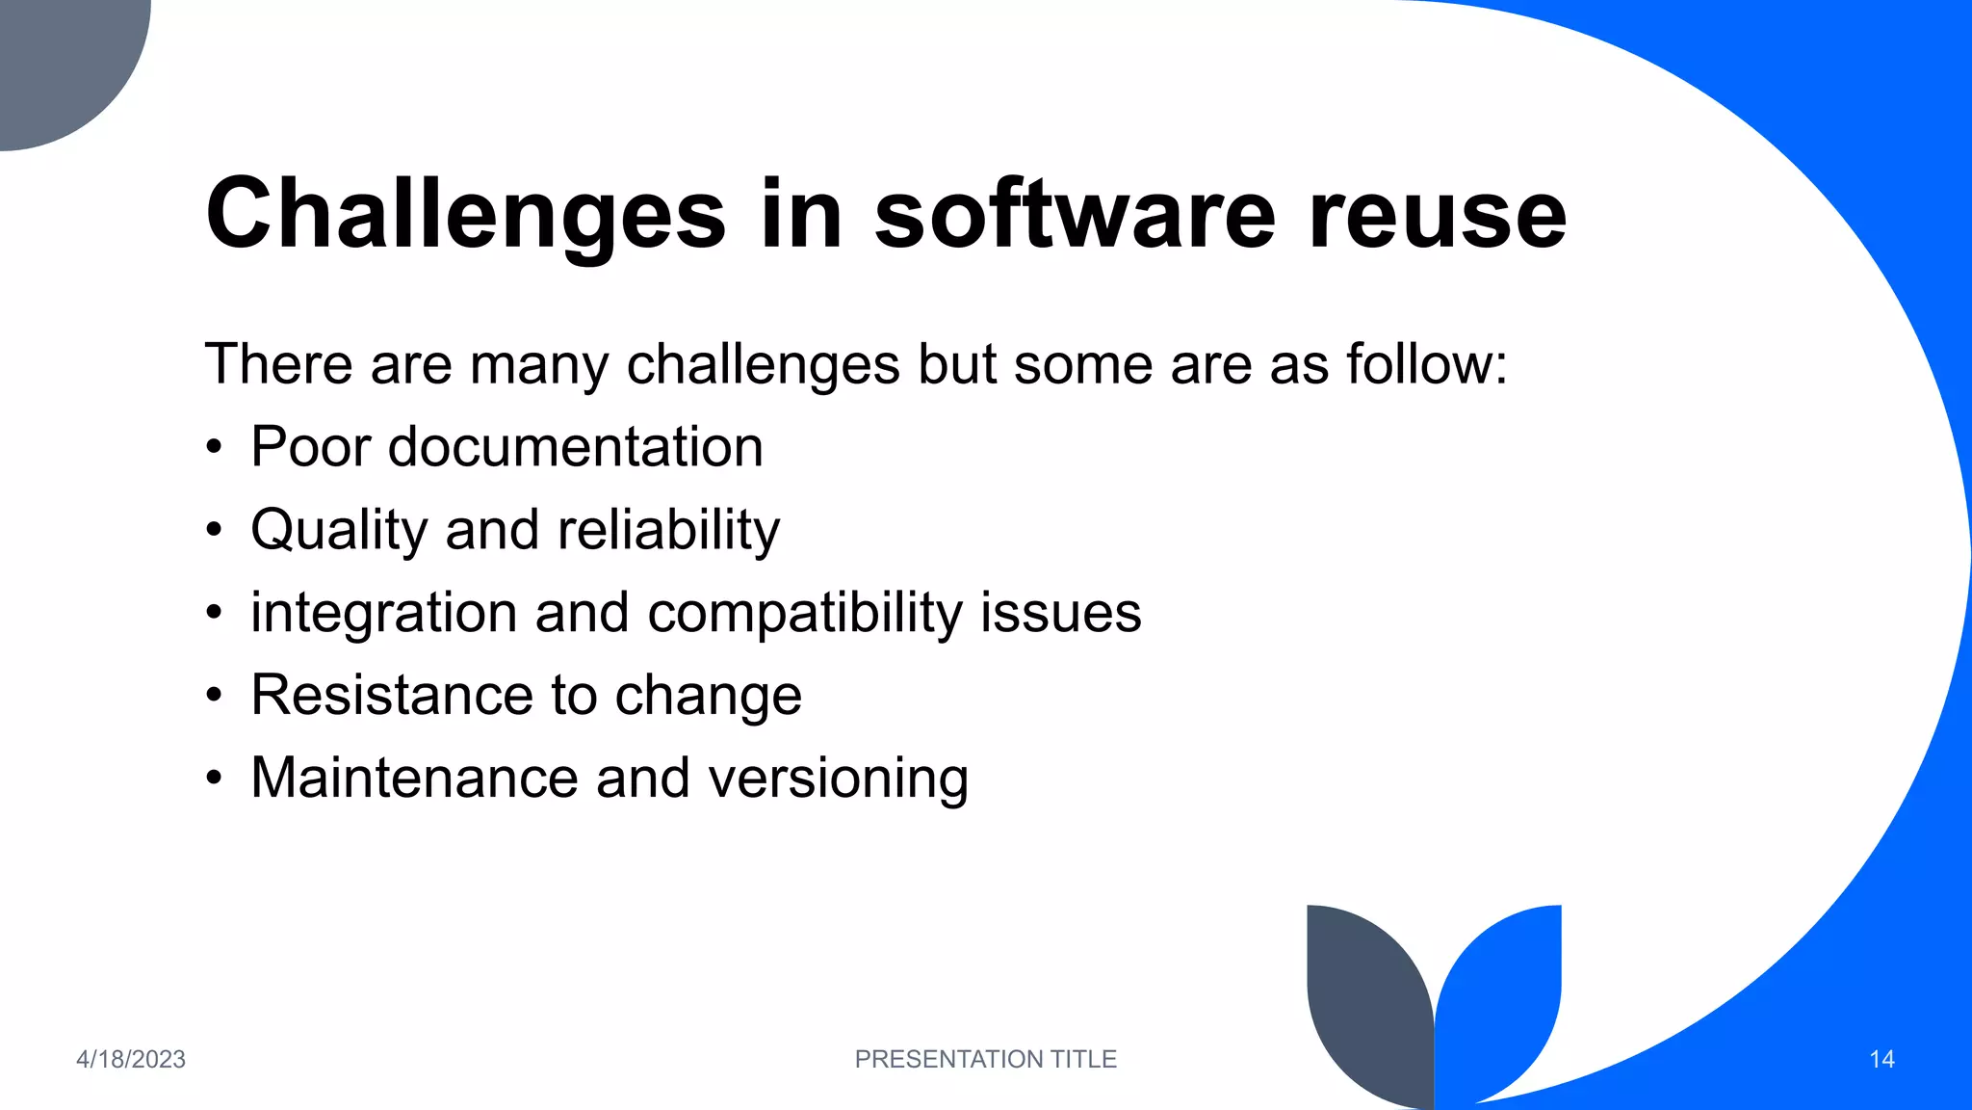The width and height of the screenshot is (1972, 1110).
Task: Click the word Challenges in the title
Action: (465, 215)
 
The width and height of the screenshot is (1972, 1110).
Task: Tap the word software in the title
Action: (1075, 215)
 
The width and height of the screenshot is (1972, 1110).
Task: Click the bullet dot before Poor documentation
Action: (214, 448)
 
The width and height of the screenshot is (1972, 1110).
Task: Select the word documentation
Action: (575, 447)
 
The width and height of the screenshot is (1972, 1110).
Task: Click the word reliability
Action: (668, 531)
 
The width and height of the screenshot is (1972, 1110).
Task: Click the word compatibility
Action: (804, 614)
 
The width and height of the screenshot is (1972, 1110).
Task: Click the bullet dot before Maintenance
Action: (214, 778)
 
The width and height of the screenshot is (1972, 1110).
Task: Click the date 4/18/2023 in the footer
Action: (131, 1059)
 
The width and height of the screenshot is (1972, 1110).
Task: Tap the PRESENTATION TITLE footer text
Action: (985, 1059)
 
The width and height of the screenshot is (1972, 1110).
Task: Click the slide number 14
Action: (1881, 1059)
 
